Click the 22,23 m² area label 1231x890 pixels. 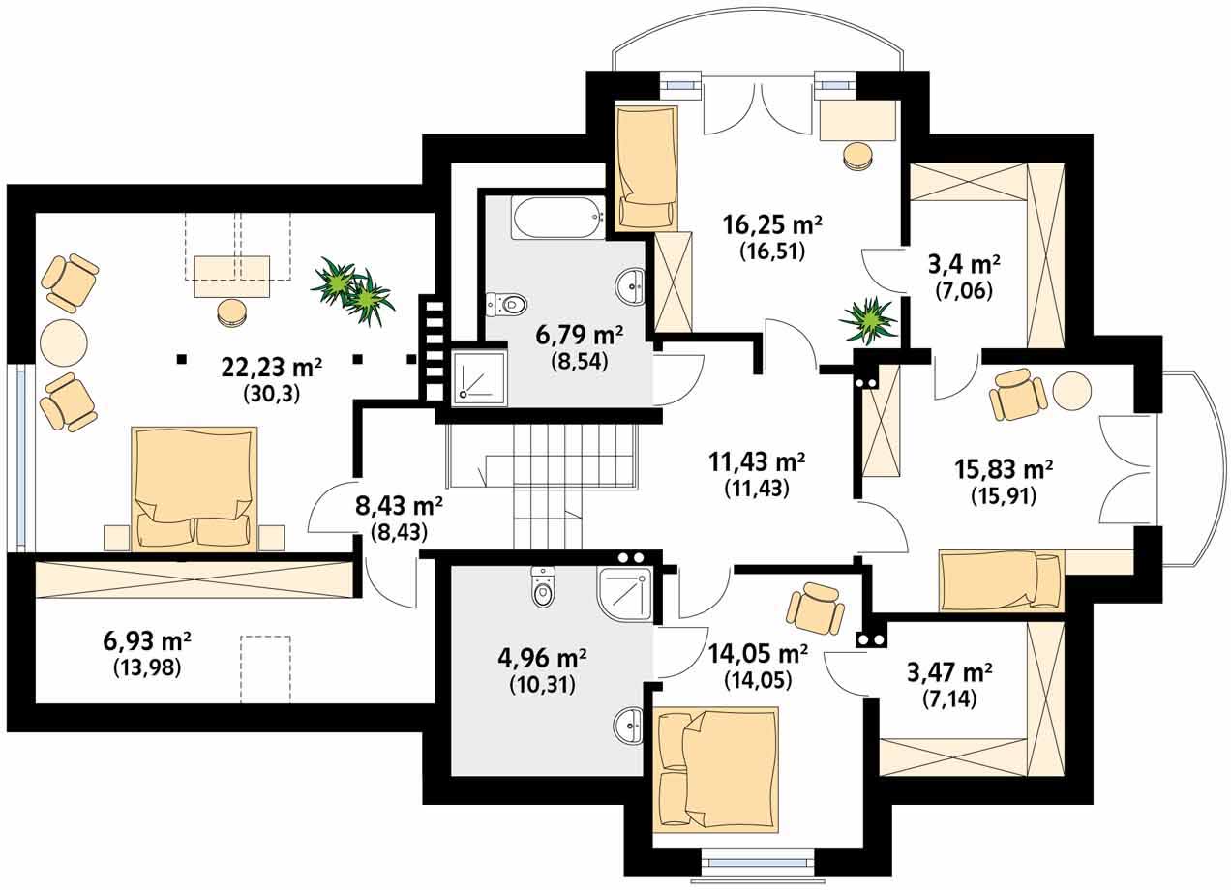tap(272, 368)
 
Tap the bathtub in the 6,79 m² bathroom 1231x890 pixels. tap(557, 218)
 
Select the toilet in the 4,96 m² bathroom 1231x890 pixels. tap(543, 587)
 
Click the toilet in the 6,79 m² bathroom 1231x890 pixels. tap(506, 304)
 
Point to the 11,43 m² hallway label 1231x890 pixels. tap(757, 462)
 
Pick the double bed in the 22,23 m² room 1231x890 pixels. tap(195, 489)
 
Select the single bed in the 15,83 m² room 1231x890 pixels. tap(1002, 579)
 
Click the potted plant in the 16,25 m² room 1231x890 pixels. tap(868, 320)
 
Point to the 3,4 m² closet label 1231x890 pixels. tap(964, 265)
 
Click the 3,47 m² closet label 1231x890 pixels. tap(949, 672)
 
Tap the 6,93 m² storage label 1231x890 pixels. tap(147, 640)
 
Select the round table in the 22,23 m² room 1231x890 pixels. tap(64, 342)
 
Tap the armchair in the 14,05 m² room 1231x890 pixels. tap(816, 608)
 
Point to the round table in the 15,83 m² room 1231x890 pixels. tap(1071, 391)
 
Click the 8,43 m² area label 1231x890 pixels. tap(399, 506)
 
